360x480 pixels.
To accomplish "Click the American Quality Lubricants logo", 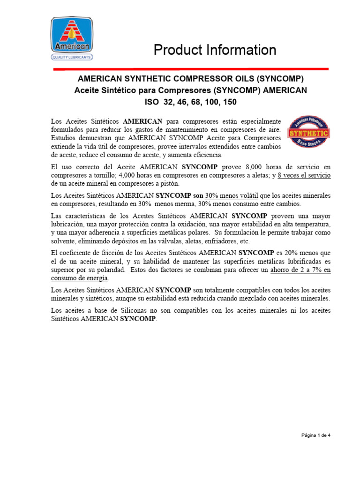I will (x=72, y=39).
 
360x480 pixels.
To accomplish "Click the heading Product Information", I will (x=215, y=50).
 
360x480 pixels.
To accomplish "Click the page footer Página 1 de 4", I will (x=316, y=435).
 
